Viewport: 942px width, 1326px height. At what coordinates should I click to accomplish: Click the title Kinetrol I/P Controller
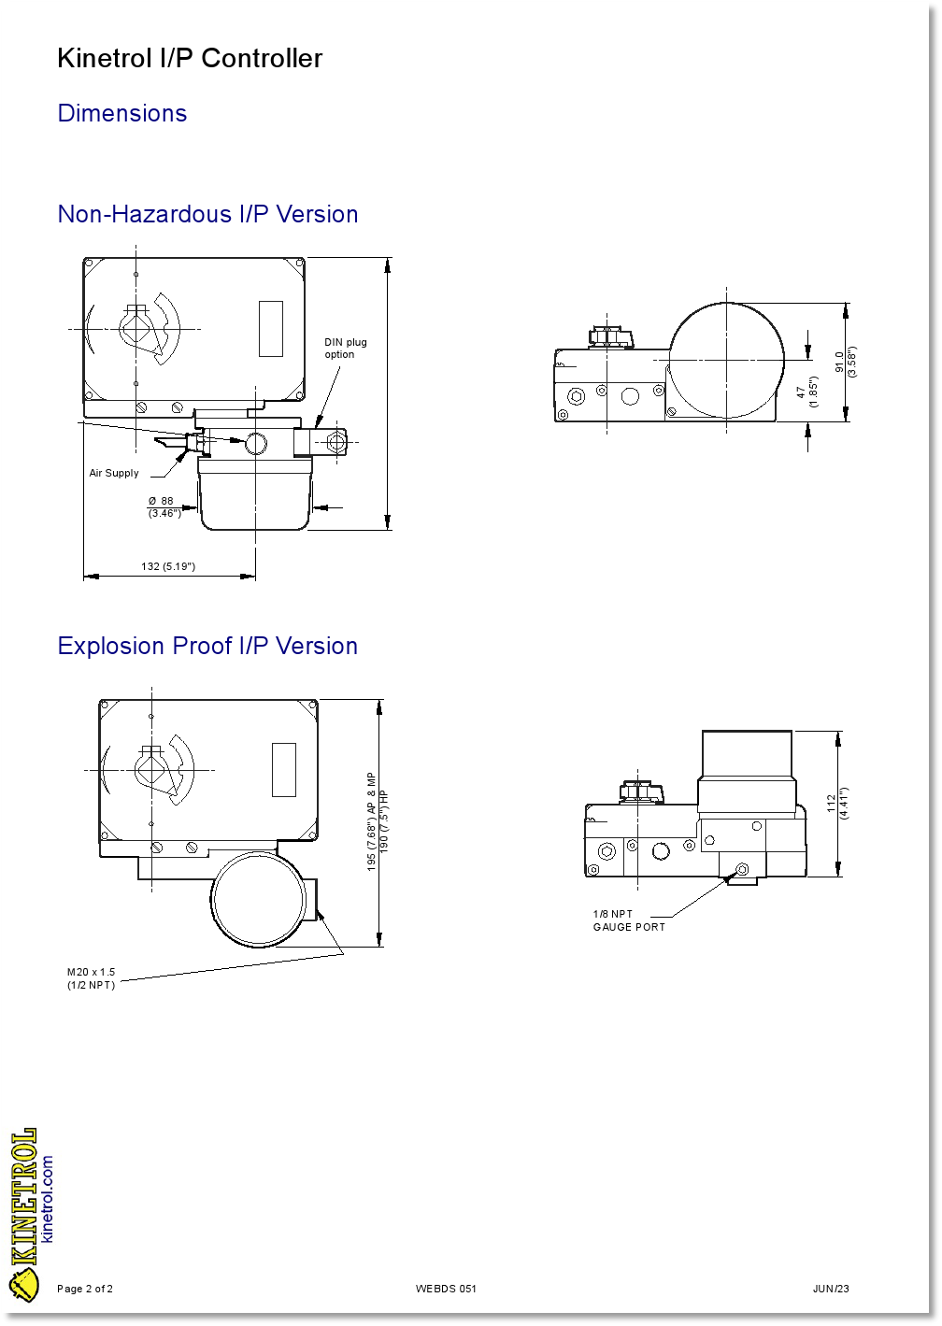coord(190,59)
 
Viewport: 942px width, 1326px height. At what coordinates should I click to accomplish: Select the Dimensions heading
coord(122,113)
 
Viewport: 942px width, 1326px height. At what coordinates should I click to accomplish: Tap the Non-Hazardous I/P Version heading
coord(207,214)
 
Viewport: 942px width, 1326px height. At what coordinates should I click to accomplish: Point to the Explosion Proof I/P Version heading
coord(207,645)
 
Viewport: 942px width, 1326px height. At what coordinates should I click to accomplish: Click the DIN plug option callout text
coord(345,348)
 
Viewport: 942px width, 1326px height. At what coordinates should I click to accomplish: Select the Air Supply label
coord(114,473)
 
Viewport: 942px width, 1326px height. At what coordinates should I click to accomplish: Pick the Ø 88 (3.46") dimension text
coord(164,506)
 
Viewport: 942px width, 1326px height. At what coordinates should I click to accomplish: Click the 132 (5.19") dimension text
coord(168,566)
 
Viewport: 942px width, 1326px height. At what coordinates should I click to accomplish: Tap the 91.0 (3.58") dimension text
coord(846,362)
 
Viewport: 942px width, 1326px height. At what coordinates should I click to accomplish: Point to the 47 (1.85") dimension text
coord(806,392)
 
